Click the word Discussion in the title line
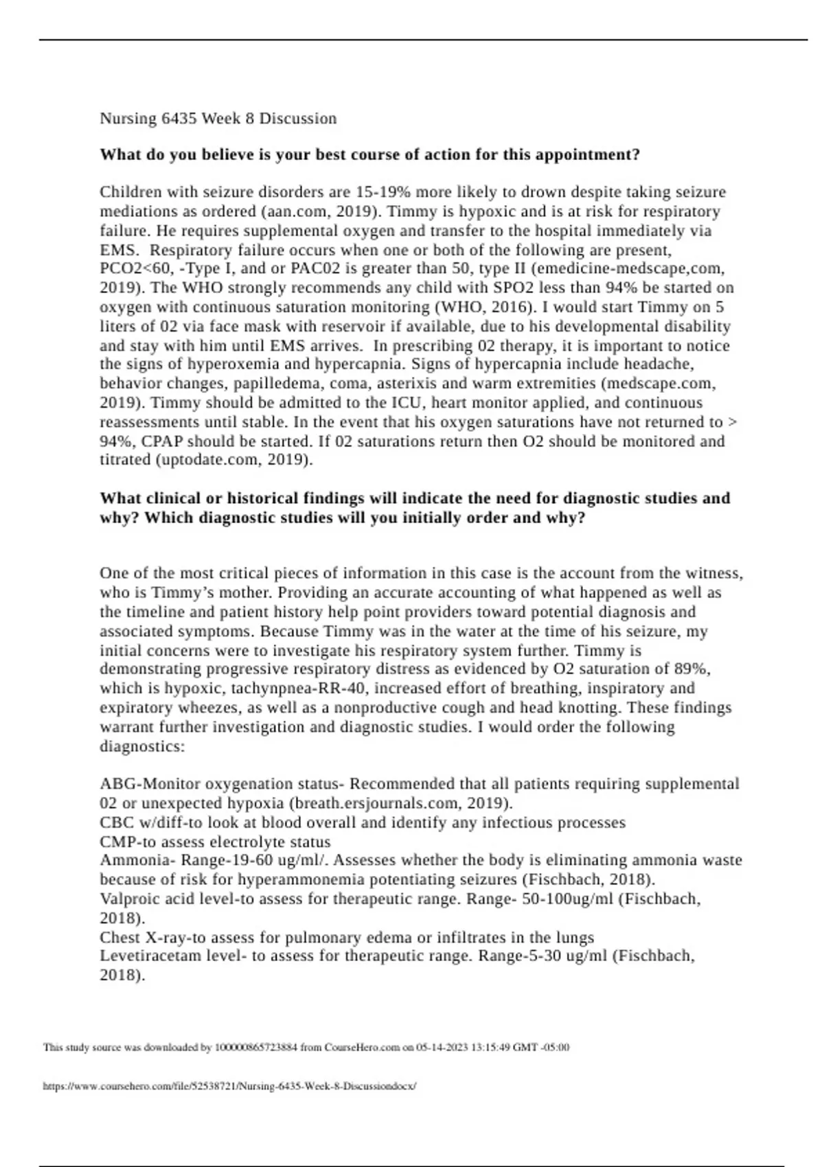297,119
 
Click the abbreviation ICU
409,402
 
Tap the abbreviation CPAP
162,441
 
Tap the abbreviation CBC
116,822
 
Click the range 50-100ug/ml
568,899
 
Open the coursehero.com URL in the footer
229,1087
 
